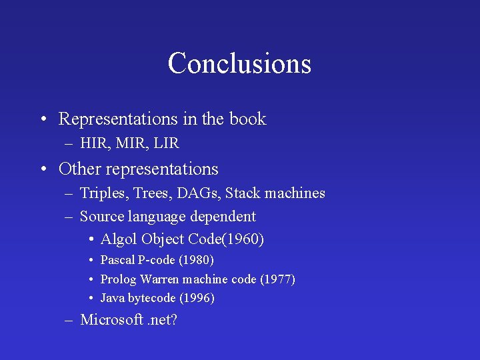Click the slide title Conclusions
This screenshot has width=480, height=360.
coord(239,64)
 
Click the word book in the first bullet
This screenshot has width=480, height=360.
coord(247,119)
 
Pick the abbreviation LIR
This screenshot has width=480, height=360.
coord(167,143)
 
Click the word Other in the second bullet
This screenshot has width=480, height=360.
coord(79,169)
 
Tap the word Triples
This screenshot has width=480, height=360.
coord(103,194)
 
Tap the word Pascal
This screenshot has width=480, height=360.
coord(117,260)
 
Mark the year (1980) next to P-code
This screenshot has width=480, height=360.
coord(196,260)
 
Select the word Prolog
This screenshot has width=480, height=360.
coord(118,279)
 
